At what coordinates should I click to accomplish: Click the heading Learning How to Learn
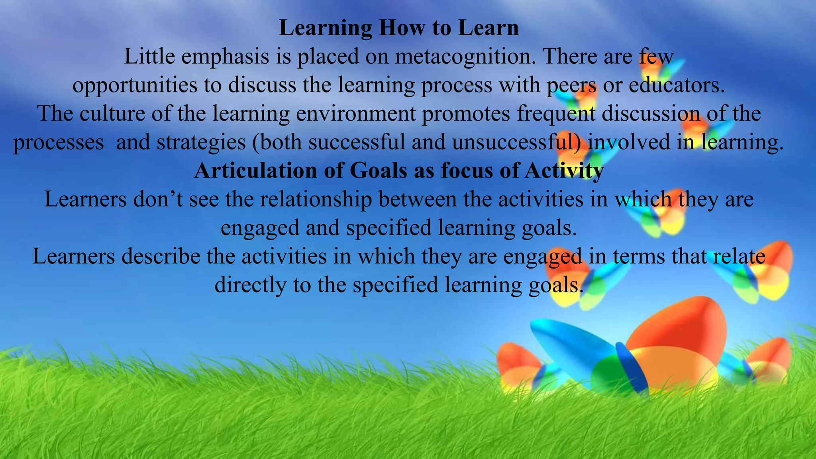[398, 28]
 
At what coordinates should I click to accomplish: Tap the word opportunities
[135, 85]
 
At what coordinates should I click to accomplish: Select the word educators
[677, 85]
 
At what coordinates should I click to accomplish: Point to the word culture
[112, 114]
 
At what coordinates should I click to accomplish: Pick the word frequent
[556, 114]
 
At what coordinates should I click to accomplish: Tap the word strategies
[201, 143]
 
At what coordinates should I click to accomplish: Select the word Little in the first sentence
[149, 57]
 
